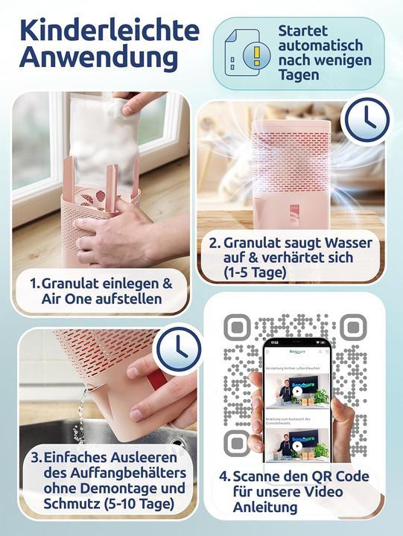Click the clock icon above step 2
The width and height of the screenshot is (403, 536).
coord(366,118)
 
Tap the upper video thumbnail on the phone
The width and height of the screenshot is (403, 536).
coord(296,392)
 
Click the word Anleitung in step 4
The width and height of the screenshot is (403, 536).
coord(264,508)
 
